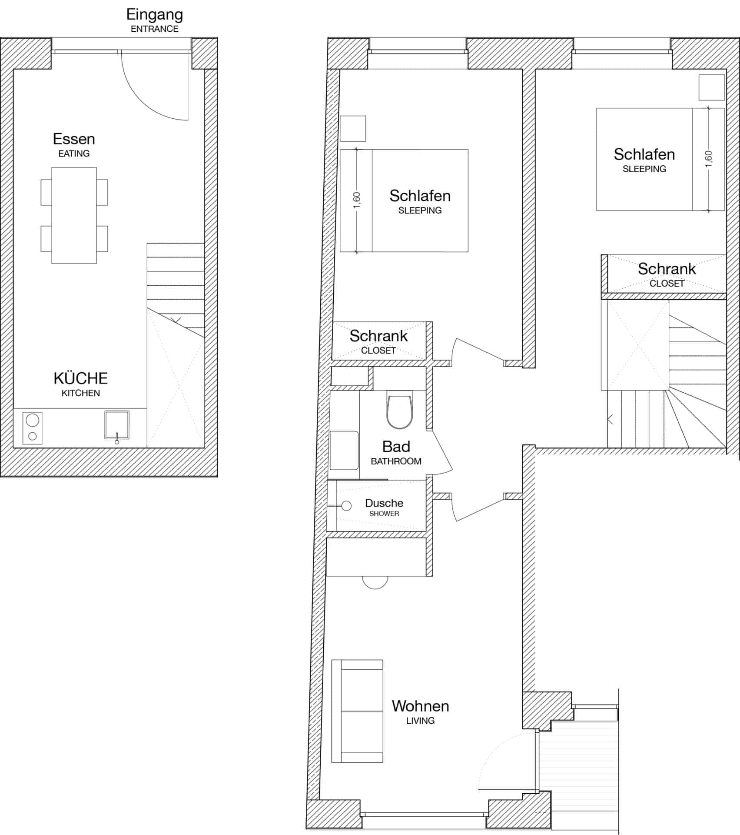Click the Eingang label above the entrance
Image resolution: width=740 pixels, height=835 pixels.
pyautogui.click(x=154, y=15)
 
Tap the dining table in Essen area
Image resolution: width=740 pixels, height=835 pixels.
pyautogui.click(x=74, y=215)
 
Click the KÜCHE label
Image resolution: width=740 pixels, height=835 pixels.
pyautogui.click(x=80, y=378)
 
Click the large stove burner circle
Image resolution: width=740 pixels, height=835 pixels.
pyautogui.click(x=33, y=420)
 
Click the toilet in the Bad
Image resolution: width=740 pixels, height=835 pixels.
pyautogui.click(x=399, y=411)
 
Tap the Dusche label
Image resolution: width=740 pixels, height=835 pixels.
pyautogui.click(x=384, y=503)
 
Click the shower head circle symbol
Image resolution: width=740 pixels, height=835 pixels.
pyautogui.click(x=346, y=506)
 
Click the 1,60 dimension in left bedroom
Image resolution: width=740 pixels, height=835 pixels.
pyautogui.click(x=357, y=200)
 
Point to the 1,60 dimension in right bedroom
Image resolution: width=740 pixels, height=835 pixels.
pyautogui.click(x=709, y=159)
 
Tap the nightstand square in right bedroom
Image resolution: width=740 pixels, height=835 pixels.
pyautogui.click(x=711, y=87)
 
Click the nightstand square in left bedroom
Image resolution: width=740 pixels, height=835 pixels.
pyautogui.click(x=352, y=128)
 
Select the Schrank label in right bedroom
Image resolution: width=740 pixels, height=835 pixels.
pyautogui.click(x=667, y=269)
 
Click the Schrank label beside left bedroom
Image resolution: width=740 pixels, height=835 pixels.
pyautogui.click(x=378, y=336)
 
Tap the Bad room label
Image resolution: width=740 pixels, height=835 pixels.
pyautogui.click(x=396, y=447)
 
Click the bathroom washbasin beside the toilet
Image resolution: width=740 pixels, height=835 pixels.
pyautogui.click(x=344, y=450)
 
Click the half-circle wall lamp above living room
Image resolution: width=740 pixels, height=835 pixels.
pyautogui.click(x=375, y=582)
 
